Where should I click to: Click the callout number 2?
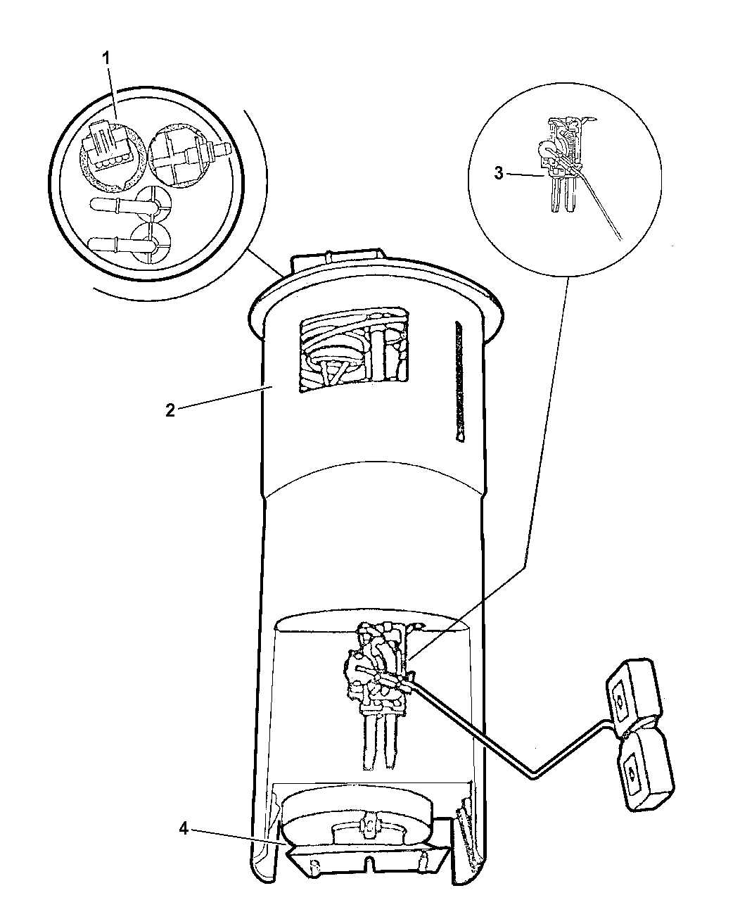(171, 410)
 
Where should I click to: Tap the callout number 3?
(499, 174)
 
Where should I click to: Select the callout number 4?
(184, 829)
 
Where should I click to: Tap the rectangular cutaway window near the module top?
(354, 348)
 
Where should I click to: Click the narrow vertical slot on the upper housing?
(459, 381)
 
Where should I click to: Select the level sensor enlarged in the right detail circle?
(561, 164)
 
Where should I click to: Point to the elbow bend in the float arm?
(534, 778)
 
